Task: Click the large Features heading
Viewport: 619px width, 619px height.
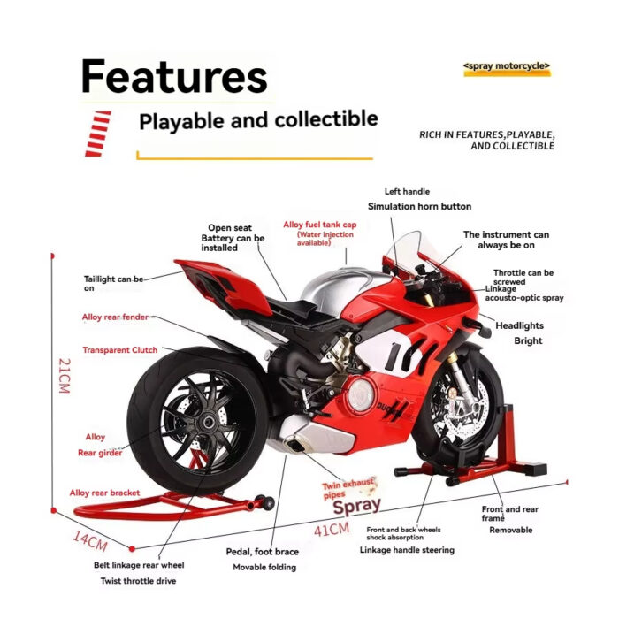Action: [x=174, y=76]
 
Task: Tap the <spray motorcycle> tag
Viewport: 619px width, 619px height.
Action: [x=507, y=66]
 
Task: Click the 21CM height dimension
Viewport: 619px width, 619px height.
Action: [x=65, y=376]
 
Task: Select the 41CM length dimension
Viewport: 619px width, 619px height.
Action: [x=332, y=529]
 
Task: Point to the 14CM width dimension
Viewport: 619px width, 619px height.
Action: [x=90, y=541]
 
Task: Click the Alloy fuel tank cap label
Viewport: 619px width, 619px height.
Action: [x=320, y=225]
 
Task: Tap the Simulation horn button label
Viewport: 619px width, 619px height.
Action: [x=420, y=206]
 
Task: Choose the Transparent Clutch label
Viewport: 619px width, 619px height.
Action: [x=120, y=350]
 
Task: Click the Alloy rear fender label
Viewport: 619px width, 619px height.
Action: [x=115, y=317]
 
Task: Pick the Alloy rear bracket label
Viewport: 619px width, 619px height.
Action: [x=104, y=493]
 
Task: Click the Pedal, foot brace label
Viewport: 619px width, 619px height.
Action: [x=262, y=552]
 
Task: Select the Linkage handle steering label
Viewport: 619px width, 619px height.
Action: [x=407, y=550]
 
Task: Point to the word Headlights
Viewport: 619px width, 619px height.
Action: [x=520, y=325]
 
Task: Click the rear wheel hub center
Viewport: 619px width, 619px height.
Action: [x=208, y=424]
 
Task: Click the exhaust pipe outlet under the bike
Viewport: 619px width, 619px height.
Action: [x=294, y=445]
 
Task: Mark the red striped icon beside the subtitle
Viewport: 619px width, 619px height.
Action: [x=98, y=134]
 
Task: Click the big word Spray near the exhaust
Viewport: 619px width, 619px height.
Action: [x=357, y=506]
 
